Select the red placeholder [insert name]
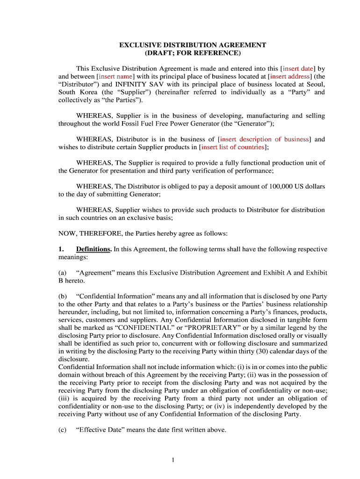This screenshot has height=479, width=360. (115, 76)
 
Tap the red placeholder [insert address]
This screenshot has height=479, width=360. (290, 76)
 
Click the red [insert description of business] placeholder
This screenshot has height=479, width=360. (264, 139)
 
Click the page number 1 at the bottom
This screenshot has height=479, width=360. (173, 460)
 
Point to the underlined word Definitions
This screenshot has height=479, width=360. (94, 249)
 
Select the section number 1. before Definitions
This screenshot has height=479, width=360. (61, 249)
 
